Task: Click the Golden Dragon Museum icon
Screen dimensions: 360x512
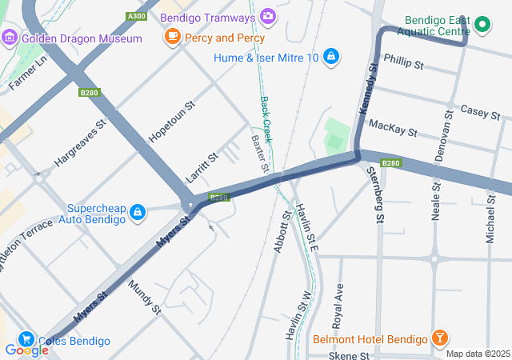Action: [x=10, y=38]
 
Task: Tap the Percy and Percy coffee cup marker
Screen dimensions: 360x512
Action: [x=172, y=36]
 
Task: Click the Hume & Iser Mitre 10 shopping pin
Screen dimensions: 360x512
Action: [x=331, y=57]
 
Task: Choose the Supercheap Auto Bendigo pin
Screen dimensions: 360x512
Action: [x=138, y=212]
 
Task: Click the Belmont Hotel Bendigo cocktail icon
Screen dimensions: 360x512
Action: [x=439, y=339]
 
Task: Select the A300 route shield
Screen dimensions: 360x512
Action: [x=137, y=16]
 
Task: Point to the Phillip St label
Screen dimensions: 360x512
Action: [x=403, y=61]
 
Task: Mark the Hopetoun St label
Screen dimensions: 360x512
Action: [x=172, y=122]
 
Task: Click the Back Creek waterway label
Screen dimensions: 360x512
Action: [x=266, y=120]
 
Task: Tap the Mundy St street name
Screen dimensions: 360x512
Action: [x=144, y=298]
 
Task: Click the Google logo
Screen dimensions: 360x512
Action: [x=26, y=350]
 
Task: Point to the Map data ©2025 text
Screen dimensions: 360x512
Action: [x=477, y=354]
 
